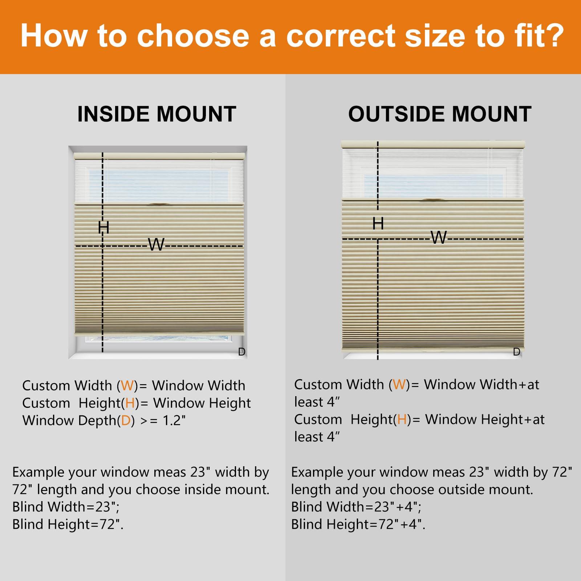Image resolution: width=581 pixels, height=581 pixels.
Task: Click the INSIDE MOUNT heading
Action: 157,114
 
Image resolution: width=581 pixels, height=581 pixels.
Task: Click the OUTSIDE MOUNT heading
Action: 440,114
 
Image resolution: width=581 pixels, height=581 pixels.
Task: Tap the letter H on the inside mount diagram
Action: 103,227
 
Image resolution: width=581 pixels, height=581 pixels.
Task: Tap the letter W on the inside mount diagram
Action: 157,244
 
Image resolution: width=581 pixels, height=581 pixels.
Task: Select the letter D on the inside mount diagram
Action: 242,352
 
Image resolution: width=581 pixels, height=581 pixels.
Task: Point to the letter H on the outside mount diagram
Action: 378,223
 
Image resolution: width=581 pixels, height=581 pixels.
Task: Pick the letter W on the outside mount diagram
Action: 439,237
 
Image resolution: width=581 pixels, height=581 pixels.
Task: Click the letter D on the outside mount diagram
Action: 517,352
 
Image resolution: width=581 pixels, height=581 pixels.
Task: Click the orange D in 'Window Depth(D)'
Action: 126,420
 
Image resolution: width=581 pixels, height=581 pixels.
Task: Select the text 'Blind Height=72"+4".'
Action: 358,524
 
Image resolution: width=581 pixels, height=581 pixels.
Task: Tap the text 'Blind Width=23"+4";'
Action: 356,507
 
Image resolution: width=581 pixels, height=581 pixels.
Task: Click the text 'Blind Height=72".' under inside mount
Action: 68,524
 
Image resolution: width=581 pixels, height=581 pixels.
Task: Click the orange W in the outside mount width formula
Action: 399,384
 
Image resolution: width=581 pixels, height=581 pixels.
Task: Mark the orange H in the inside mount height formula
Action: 130,403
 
